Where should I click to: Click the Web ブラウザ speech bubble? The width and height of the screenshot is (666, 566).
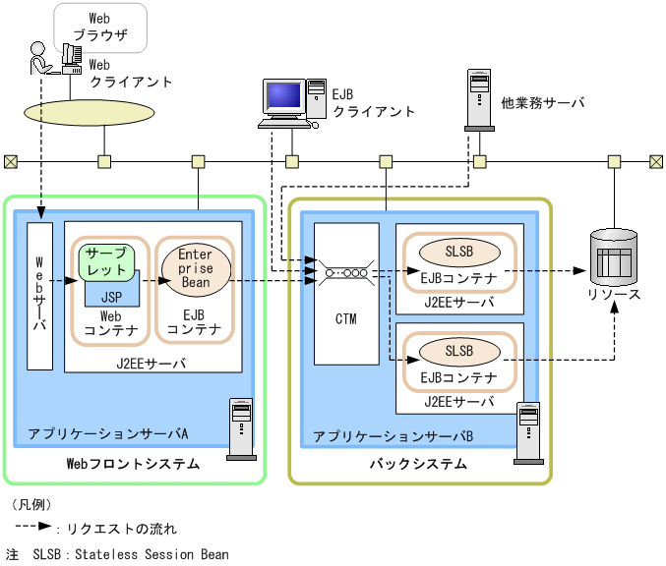pos(99,27)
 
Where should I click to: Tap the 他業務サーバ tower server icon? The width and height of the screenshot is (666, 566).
pos(478,99)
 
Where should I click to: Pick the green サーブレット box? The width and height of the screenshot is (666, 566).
pos(105,261)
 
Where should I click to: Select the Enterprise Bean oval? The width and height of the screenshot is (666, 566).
pos(196,268)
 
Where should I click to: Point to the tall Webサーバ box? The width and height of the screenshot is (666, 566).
pos(39,296)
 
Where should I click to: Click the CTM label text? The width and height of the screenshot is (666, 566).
pos(345,319)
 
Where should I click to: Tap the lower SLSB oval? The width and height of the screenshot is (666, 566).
pos(459,350)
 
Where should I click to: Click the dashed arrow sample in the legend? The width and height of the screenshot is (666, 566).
pos(32,528)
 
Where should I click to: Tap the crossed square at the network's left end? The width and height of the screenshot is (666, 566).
pos(10,161)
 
